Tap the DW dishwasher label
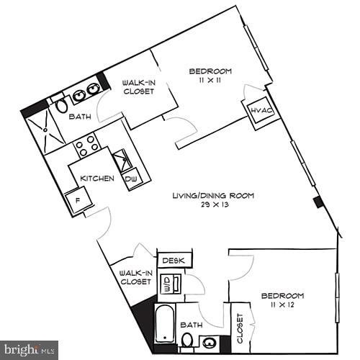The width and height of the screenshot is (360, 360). (x=131, y=179)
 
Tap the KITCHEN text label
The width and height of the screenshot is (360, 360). (x=96, y=179)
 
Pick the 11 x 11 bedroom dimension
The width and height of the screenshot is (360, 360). (x=210, y=81)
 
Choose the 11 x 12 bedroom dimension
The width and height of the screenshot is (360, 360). (x=282, y=306)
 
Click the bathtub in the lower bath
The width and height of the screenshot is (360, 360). (x=165, y=323)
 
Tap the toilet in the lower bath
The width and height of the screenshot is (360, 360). (x=186, y=340)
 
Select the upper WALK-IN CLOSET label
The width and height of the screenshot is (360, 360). (x=138, y=87)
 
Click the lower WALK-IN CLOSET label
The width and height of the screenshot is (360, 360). (x=135, y=278)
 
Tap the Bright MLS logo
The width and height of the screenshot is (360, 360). (x=30, y=350)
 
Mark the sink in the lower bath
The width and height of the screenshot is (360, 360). (x=210, y=343)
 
